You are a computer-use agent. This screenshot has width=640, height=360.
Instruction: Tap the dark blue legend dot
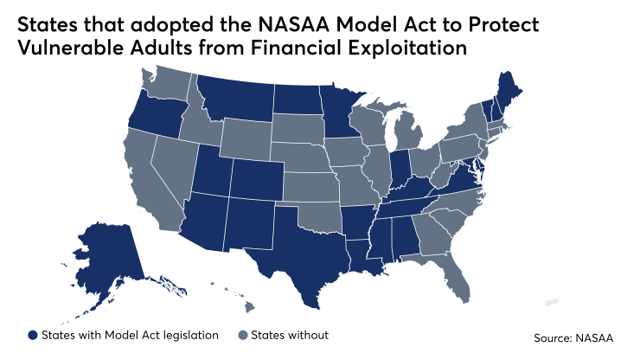[x=33, y=334]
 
